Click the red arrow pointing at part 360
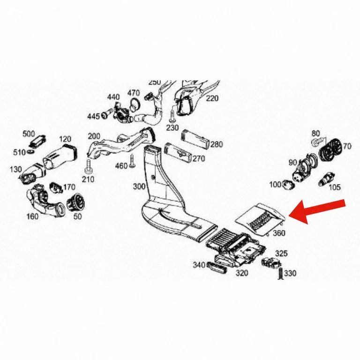click(317, 211)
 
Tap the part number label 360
click(279, 233)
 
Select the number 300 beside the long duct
click(139, 187)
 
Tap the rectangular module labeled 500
click(38, 140)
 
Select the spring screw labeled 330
click(280, 274)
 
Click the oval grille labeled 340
click(217, 268)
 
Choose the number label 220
click(212, 98)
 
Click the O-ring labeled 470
click(135, 103)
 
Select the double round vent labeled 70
click(330, 150)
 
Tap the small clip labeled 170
click(56, 187)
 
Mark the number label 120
click(65, 139)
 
